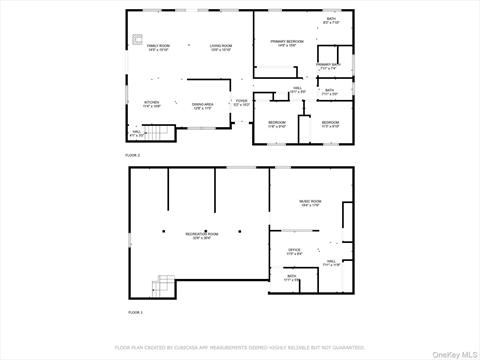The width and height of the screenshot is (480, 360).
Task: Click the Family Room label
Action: coord(158,47)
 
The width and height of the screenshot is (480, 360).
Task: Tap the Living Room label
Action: coord(221,47)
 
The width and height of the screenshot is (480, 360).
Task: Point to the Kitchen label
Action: coord(151,103)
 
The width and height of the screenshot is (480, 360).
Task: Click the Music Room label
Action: coord(310,203)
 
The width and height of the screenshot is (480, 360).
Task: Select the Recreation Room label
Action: coord(201,235)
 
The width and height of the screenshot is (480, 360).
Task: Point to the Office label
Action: coord(294,251)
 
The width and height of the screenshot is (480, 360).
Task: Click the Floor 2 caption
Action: coord(132,155)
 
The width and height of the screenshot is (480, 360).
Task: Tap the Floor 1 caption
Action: coord(135,313)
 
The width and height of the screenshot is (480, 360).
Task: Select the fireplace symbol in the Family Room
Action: coord(137,41)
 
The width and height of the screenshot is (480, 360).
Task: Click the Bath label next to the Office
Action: coord(292,278)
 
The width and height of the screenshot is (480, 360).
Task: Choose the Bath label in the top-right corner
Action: coord(331,19)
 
